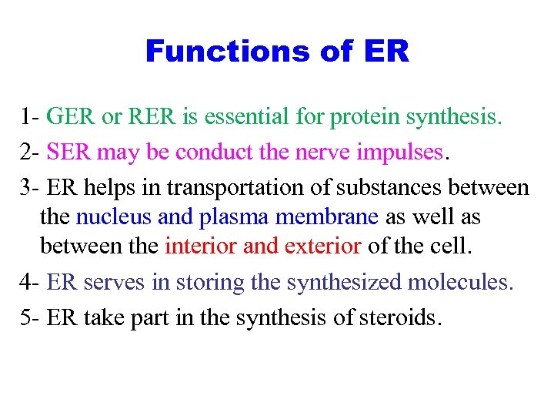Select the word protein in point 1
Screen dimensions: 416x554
tap(365, 118)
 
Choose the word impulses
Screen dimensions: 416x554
tap(402, 152)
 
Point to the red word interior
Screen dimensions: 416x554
tap(201, 247)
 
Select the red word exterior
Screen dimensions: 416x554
tap(322, 247)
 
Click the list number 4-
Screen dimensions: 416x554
tap(31, 282)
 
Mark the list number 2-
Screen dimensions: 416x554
tap(31, 152)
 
